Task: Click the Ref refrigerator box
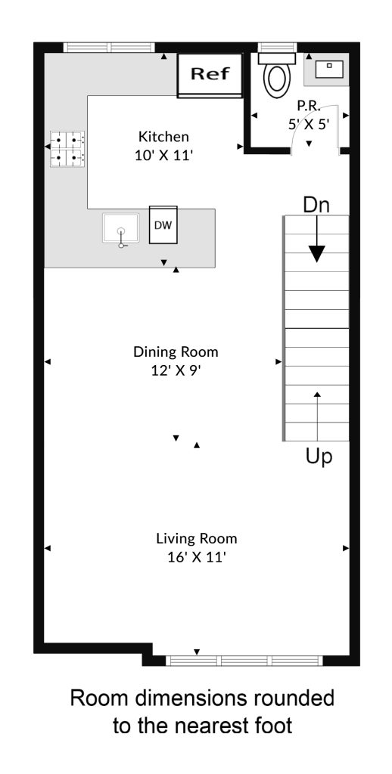click(210, 75)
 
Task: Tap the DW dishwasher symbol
click(163, 224)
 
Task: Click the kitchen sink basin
click(120, 228)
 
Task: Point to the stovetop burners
click(67, 148)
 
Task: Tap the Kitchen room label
click(163, 136)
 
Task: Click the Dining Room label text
click(176, 352)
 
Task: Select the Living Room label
click(197, 538)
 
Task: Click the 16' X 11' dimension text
click(197, 557)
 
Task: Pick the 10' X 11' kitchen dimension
click(163, 156)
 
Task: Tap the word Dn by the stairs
click(316, 205)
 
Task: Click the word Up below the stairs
click(319, 457)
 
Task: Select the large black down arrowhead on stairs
click(317, 253)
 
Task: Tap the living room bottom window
click(244, 661)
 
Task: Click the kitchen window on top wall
click(109, 48)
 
